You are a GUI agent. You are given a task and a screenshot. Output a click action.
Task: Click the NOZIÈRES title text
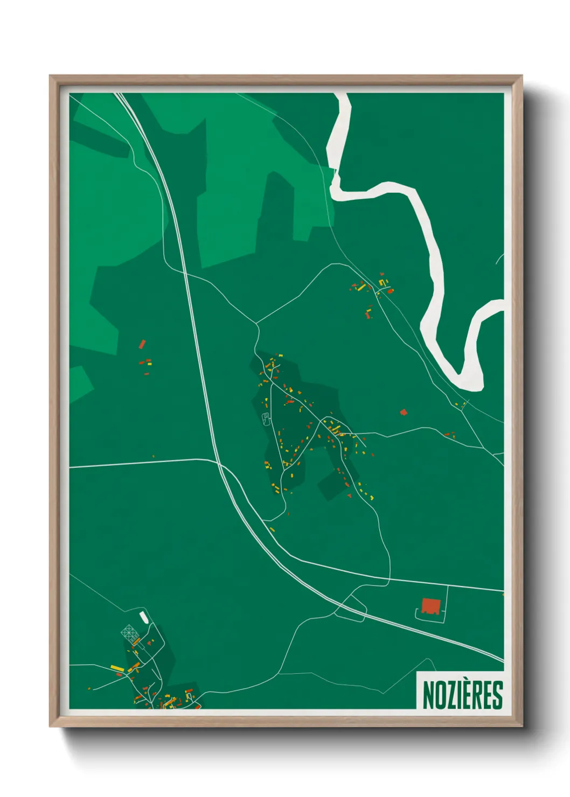pyautogui.click(x=462, y=695)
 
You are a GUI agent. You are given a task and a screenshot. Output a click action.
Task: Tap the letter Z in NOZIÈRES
pyautogui.click(x=447, y=696)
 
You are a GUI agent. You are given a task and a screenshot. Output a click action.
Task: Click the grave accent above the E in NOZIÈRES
pyautogui.click(x=463, y=682)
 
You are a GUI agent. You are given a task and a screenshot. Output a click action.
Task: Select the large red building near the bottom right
pyautogui.click(x=430, y=606)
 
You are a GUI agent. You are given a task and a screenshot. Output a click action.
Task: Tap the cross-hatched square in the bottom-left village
pyautogui.click(x=129, y=632)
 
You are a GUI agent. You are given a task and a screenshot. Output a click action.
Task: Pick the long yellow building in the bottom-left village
pyautogui.click(x=117, y=668)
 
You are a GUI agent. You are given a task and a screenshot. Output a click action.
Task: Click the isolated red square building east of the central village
pyautogui.click(x=404, y=413)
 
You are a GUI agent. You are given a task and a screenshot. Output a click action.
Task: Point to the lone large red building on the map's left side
pyautogui.click(x=142, y=344)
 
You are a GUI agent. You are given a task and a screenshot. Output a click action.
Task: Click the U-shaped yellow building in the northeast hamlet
pyautogui.click(x=382, y=282)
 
